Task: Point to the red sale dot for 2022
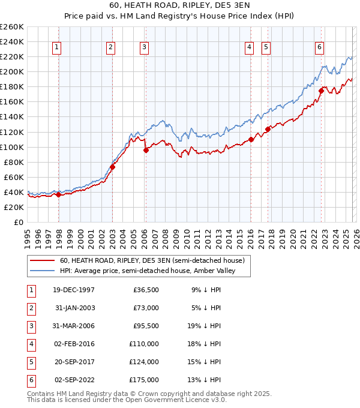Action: pyautogui.click(x=321, y=91)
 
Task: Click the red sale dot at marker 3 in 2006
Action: pyautogui.click(x=146, y=151)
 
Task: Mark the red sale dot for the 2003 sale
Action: pyautogui.click(x=112, y=167)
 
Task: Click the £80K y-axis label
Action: pyautogui.click(x=14, y=162)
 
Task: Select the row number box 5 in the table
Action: pyautogui.click(x=30, y=362)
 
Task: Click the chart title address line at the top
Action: pyautogui.click(x=179, y=7)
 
